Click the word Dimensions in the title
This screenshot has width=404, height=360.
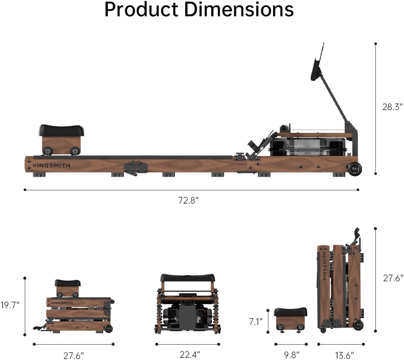coord(239,9)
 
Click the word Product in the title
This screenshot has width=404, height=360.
coord(141,9)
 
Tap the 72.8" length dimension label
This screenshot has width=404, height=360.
coord(188,200)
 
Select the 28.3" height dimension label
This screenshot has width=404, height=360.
coord(392,107)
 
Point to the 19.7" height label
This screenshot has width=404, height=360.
coord(10,305)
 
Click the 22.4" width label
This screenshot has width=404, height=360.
coord(190,355)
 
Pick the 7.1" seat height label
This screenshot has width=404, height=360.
coord(255,321)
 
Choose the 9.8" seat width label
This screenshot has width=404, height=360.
coord(291,355)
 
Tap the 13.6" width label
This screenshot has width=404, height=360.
coord(344,355)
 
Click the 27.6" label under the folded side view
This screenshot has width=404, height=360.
coord(73,355)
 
